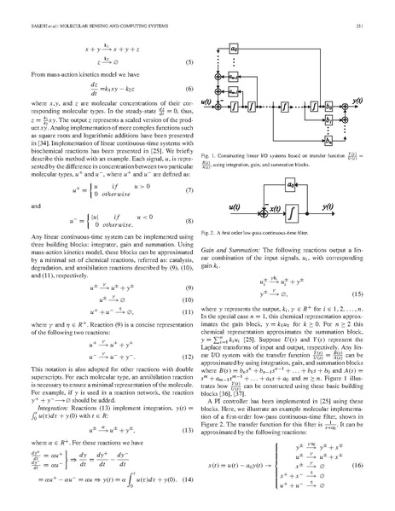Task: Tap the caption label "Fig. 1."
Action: [x=212, y=158]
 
